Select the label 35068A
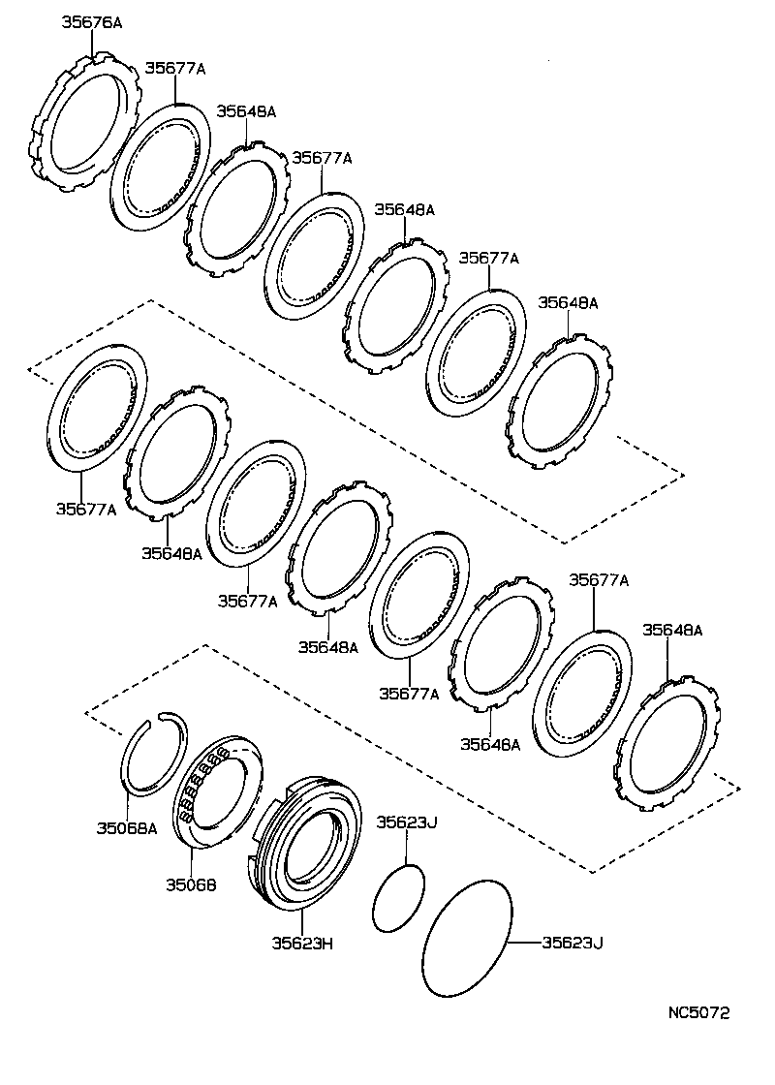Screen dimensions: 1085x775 point(126,827)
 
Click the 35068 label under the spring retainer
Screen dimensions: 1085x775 point(190,883)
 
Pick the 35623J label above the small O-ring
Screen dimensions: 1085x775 point(407,823)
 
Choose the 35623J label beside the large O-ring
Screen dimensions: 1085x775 point(572,942)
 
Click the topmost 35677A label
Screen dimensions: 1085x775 point(175,68)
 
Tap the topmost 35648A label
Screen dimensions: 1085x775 point(246,111)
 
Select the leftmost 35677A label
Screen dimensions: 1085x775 point(85,509)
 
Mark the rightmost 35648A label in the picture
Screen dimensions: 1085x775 point(672,630)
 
